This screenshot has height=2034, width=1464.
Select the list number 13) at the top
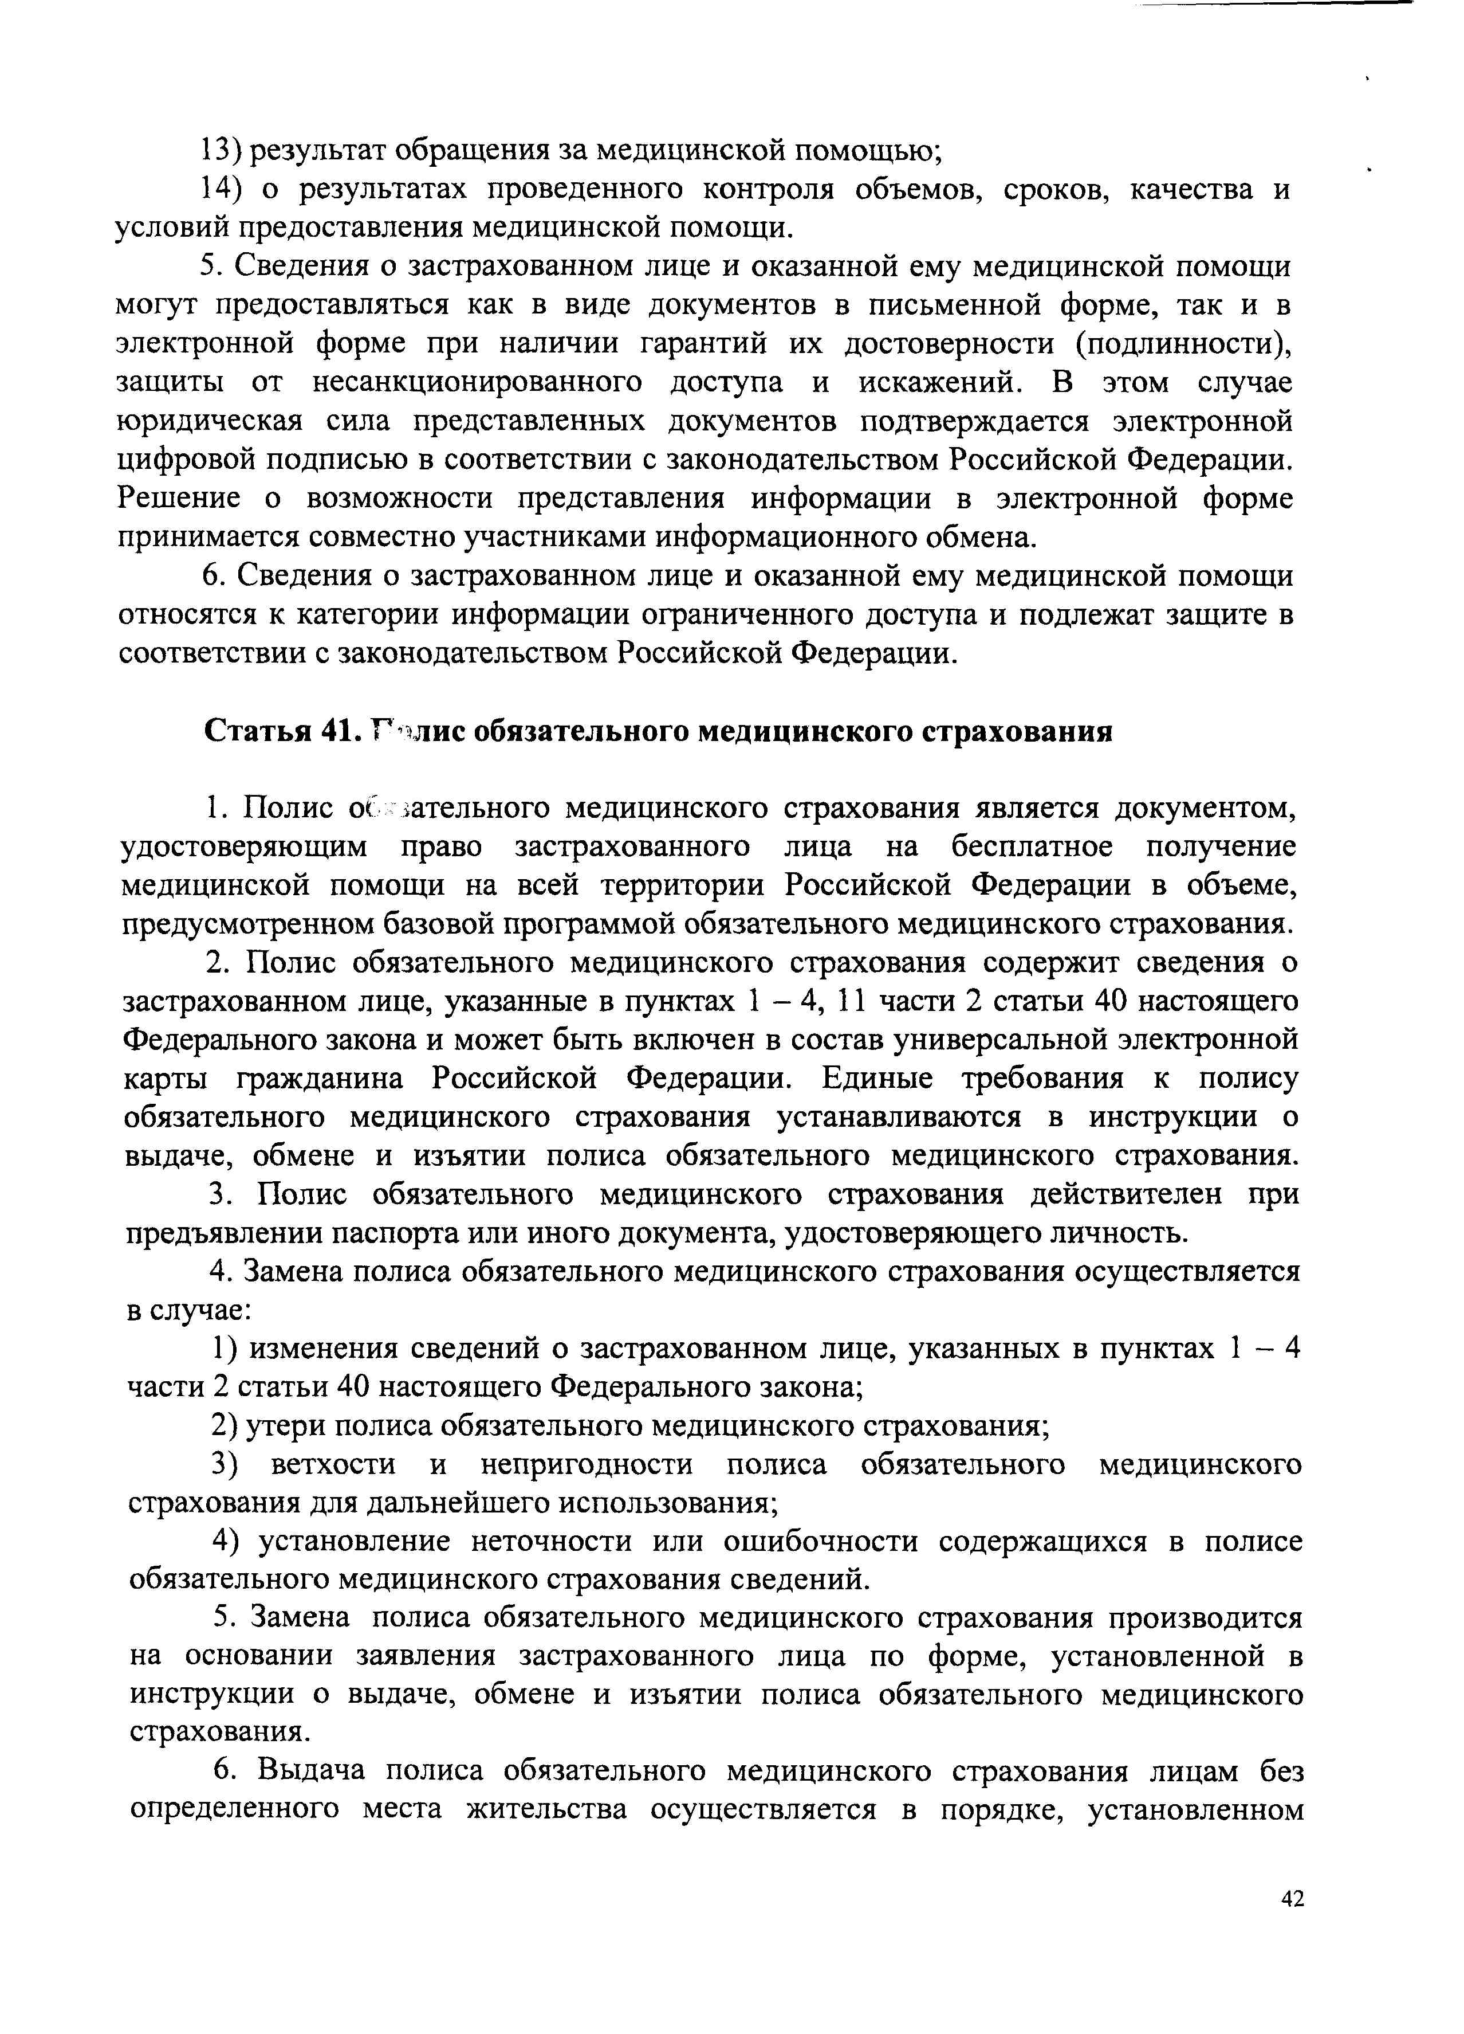pyautogui.click(x=221, y=151)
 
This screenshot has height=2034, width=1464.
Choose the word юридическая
pyautogui.click(x=210, y=421)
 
